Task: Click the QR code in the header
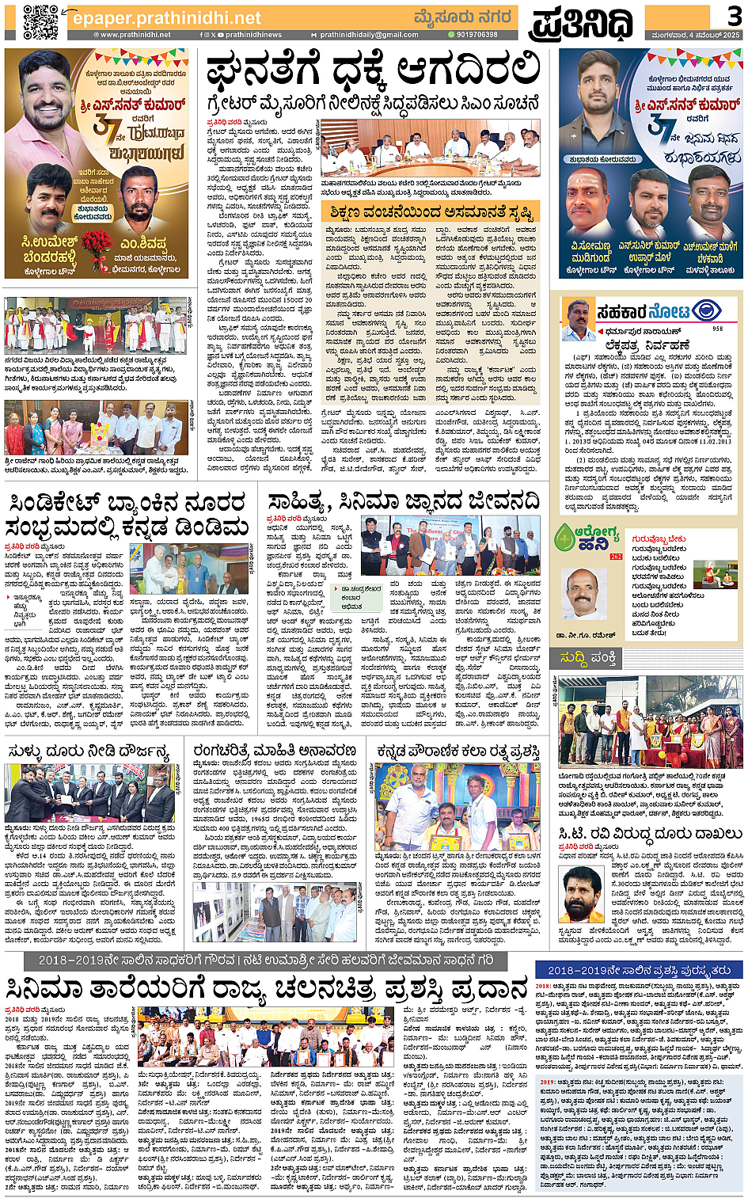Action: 40,21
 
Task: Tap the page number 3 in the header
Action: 733,17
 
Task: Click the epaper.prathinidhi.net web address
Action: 166,17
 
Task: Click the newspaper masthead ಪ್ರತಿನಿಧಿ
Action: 582,23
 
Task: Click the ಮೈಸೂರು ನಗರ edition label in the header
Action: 463,17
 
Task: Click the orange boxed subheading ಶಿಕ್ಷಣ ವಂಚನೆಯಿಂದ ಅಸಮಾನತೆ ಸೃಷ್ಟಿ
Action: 432,212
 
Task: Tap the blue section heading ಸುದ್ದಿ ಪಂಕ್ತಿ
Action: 589,658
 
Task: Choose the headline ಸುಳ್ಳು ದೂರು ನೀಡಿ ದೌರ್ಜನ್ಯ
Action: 89,751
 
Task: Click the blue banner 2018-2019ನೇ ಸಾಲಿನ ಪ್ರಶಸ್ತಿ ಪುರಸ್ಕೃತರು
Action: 639,970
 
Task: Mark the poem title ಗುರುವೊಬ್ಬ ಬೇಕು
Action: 659,539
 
